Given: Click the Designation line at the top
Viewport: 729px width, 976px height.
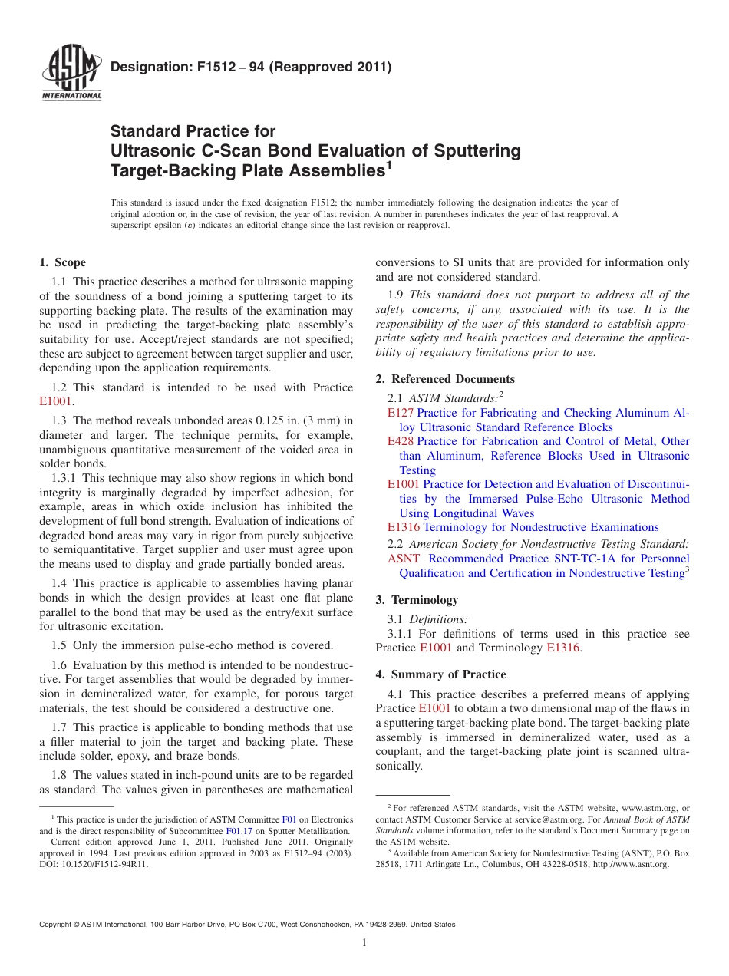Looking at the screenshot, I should coord(251,67).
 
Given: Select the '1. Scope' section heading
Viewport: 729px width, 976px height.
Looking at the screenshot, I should coord(63,262).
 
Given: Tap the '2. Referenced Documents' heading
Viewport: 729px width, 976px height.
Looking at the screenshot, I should coord(445,379).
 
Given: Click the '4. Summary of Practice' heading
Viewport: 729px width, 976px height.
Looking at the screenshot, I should coord(440,674).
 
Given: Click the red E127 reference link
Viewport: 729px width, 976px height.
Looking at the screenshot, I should coord(401,413).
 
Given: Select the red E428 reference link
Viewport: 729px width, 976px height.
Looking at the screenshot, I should coord(401,441).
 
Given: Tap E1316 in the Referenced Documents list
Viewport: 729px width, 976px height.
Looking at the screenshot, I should coord(404,527).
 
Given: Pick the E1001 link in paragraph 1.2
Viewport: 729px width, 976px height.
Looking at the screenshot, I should coord(56,401).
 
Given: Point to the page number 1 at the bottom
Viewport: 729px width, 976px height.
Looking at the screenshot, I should coord(364,943).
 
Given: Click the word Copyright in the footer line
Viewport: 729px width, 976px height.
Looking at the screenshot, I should coord(56,925).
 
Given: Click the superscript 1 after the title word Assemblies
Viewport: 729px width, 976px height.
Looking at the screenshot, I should coord(388,165).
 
